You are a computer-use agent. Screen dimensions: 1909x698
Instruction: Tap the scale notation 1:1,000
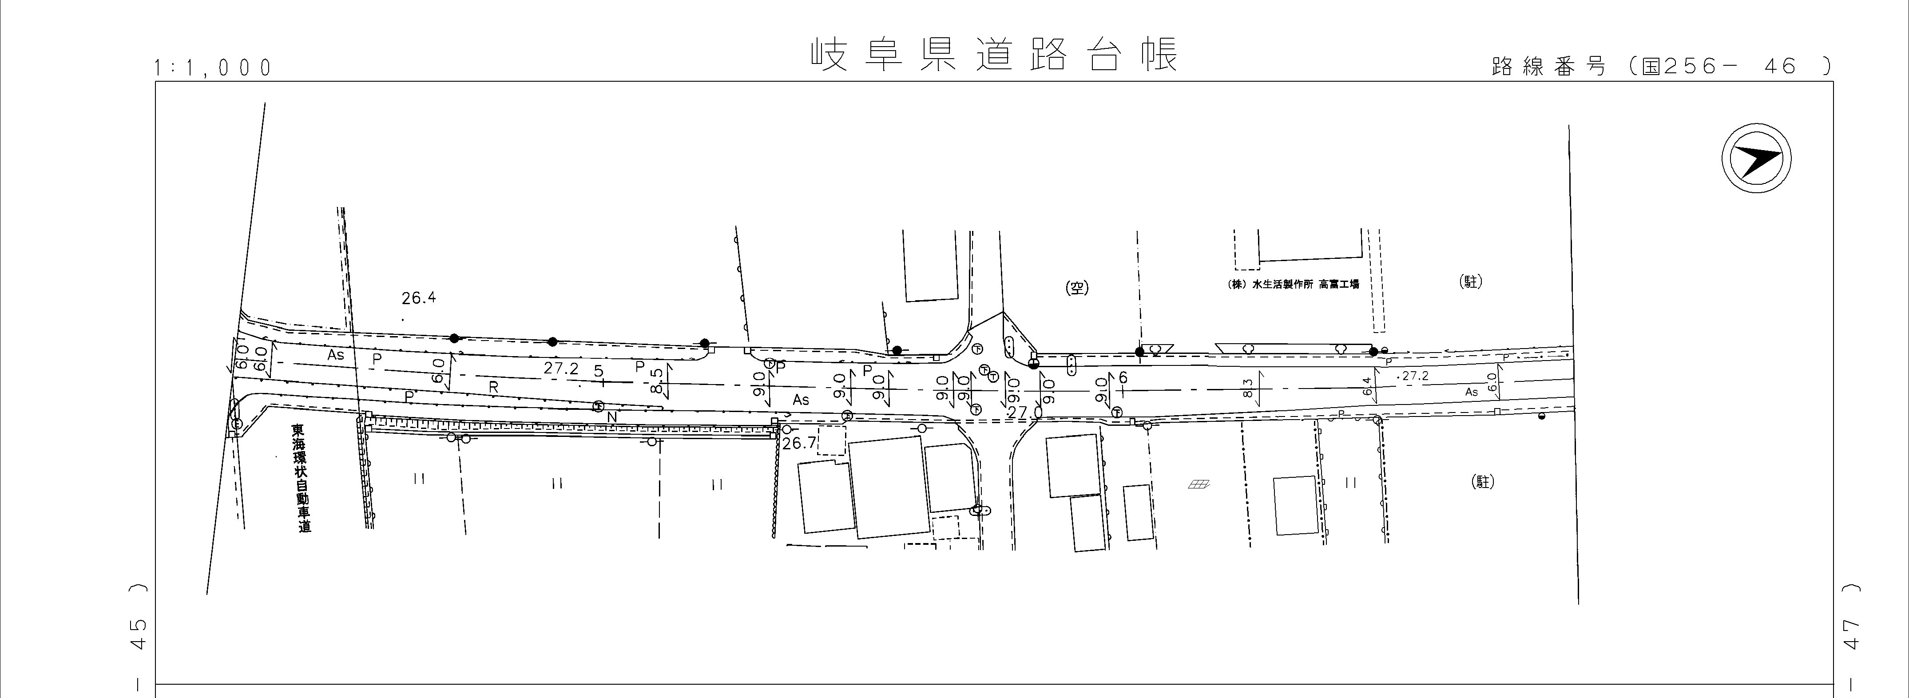coord(214,68)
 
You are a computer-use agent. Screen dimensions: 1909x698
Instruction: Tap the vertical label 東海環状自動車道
coord(301,478)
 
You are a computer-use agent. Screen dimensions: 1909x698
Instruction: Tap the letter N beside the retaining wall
coord(612,418)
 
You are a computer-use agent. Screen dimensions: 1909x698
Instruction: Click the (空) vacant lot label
coord(1077,287)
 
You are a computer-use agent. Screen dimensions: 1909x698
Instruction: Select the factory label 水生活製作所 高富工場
coord(1293,284)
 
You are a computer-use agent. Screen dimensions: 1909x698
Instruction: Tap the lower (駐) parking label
coord(1482,482)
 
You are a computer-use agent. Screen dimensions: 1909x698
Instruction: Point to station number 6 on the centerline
coord(1123,378)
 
